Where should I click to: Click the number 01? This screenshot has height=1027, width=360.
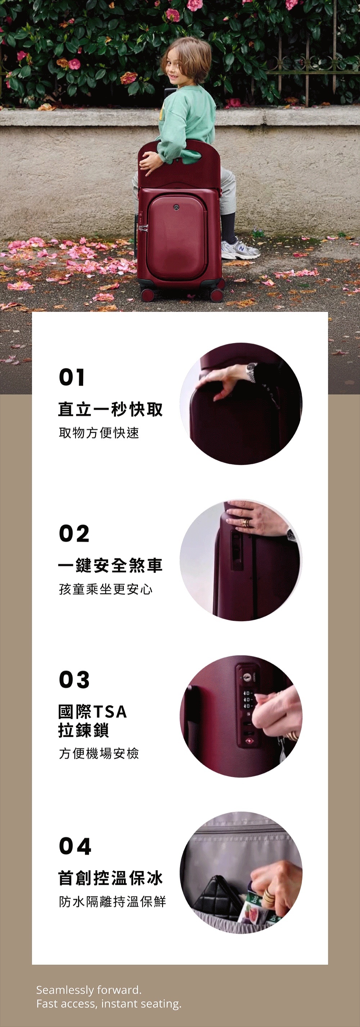(72, 377)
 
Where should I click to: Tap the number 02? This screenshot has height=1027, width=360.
(74, 533)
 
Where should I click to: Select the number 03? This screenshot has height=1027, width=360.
(74, 680)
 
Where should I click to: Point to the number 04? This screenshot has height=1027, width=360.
(75, 846)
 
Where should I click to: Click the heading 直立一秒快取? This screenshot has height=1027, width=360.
(111, 409)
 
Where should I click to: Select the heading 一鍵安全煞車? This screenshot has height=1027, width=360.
(111, 565)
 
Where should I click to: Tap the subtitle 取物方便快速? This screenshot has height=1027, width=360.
(99, 432)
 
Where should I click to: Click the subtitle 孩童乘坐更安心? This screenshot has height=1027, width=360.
(105, 589)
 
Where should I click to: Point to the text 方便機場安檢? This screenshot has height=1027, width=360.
(99, 753)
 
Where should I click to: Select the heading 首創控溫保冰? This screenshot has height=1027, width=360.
(111, 878)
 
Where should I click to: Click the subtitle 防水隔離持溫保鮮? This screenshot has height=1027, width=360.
(112, 901)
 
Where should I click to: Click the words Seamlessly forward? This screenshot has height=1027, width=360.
(89, 990)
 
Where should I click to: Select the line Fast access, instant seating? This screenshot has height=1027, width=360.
(109, 1004)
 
